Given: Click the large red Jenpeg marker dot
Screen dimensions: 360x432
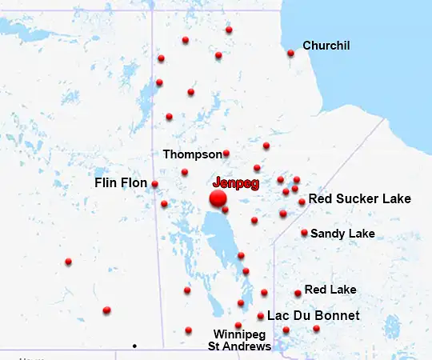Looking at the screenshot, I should [x=218, y=198].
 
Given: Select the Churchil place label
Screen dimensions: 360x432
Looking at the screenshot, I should [x=326, y=46].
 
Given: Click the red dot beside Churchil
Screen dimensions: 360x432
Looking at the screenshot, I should [x=290, y=54].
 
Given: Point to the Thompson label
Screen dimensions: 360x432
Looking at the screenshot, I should [x=192, y=154].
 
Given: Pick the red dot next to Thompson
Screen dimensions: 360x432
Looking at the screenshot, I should [x=226, y=153].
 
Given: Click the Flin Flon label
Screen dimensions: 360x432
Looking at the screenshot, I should [x=121, y=183].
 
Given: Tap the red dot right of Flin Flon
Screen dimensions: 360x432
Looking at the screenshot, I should [x=154, y=184].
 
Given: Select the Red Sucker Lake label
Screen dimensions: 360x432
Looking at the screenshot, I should [x=359, y=198].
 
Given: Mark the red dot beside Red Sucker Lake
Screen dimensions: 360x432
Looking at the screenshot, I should [x=302, y=202].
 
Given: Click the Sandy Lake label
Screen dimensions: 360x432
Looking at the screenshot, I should [x=342, y=234].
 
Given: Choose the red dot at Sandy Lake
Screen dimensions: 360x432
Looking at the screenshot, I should [x=304, y=233].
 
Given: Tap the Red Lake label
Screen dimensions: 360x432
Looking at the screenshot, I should [x=330, y=290].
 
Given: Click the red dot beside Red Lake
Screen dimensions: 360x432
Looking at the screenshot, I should [x=298, y=294].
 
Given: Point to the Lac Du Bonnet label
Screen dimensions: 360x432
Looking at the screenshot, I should [x=313, y=316].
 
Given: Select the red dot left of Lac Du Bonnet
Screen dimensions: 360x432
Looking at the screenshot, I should [x=261, y=316].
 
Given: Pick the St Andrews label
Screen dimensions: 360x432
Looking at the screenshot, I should [x=239, y=346].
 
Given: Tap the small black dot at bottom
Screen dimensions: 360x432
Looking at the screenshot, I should [x=134, y=346].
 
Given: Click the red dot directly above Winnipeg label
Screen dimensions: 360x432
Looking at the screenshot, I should [x=238, y=325].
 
